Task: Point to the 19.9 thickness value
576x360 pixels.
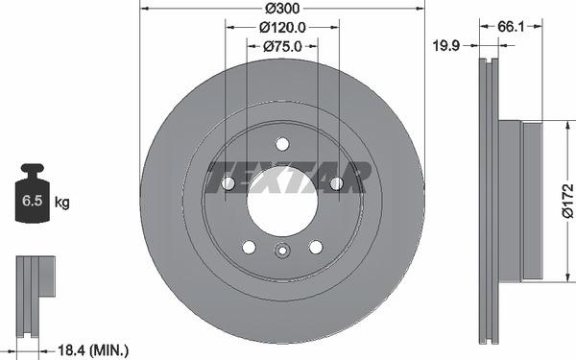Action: [444, 44]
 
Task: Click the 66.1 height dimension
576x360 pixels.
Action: [510, 28]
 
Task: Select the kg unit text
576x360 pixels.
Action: [62, 203]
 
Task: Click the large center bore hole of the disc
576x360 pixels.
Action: [281, 200]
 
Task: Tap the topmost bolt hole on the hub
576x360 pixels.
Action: [281, 144]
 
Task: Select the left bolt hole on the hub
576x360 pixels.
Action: [228, 183]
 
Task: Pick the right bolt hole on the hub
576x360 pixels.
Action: [335, 183]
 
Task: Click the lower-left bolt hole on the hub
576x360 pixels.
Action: [249, 246]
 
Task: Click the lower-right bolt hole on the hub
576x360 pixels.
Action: [315, 246]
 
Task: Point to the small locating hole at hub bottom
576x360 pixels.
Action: [281, 252]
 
